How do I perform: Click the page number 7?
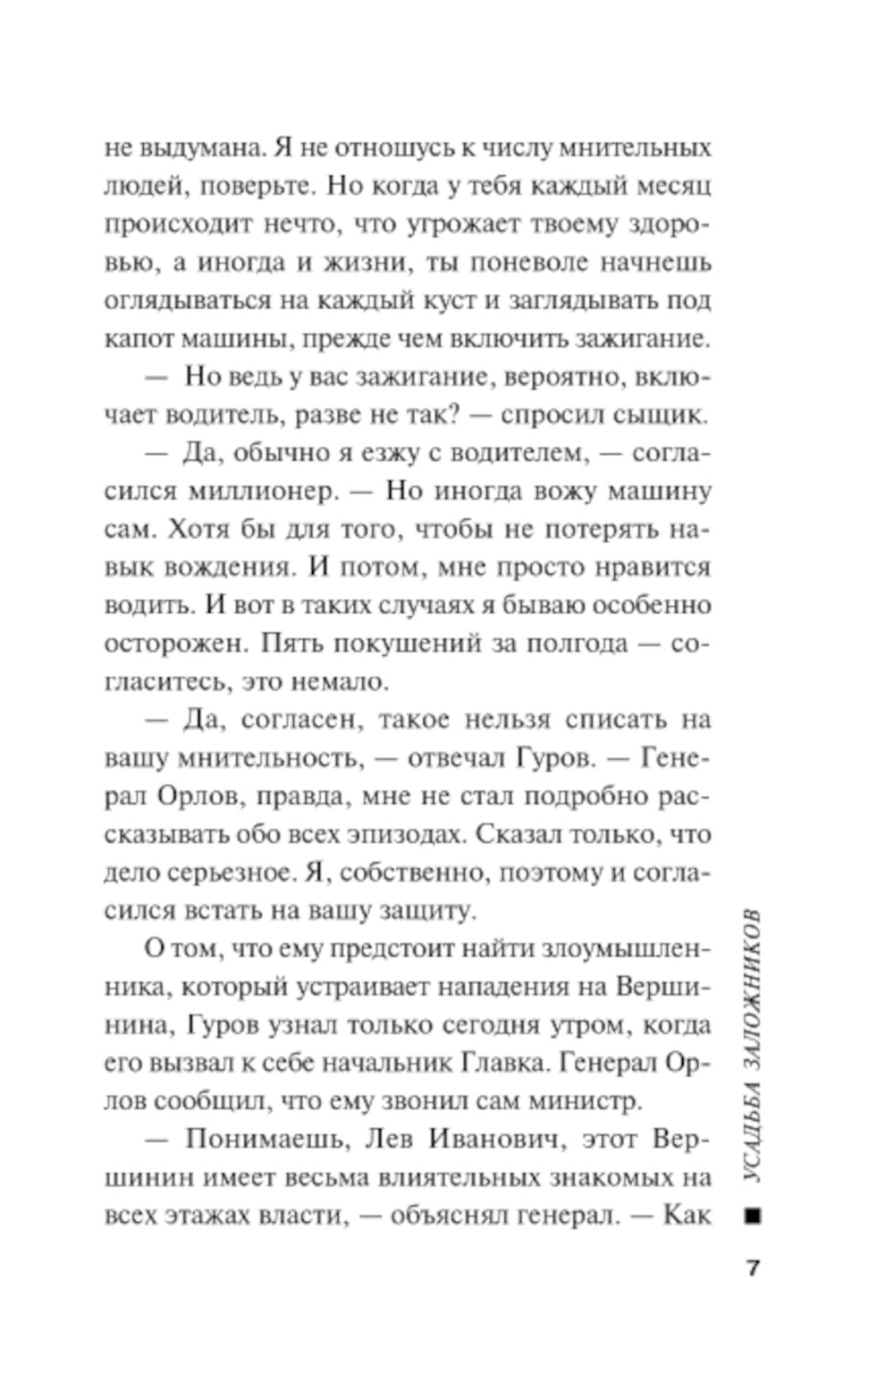[753, 1267]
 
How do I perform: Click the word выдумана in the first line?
[193, 147]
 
